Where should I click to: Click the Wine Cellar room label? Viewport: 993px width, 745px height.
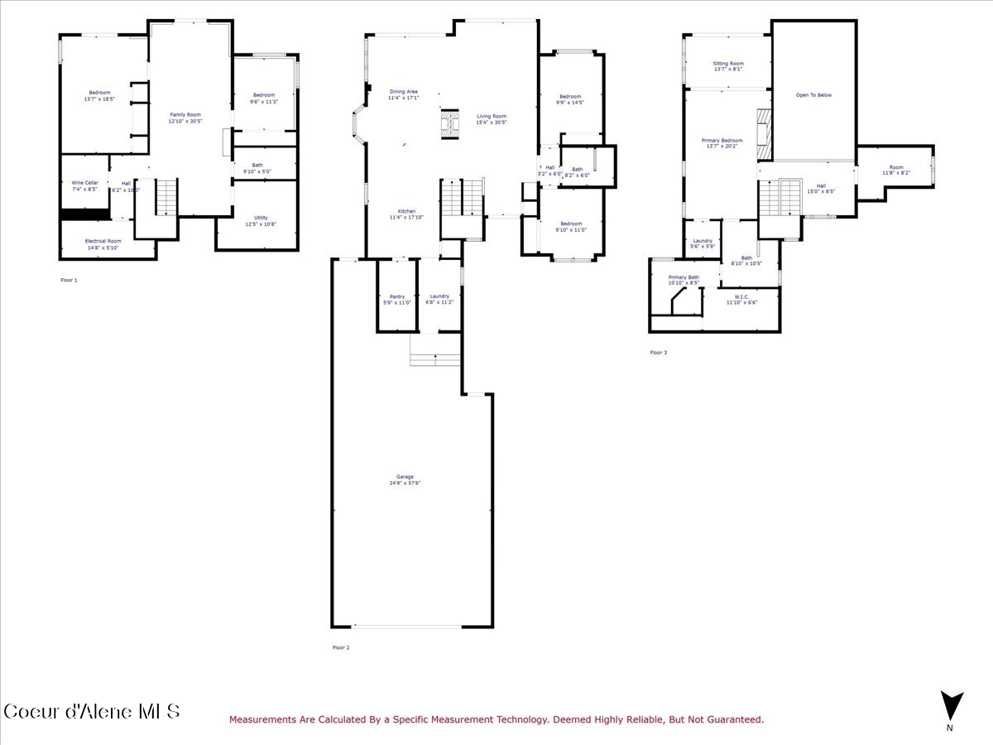[x=84, y=182]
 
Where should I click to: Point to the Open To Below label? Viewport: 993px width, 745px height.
[x=813, y=95]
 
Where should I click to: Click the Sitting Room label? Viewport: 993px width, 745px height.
[x=728, y=64]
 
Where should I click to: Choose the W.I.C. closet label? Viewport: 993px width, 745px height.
[x=741, y=297]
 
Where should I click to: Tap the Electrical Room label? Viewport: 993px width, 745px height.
[x=103, y=241]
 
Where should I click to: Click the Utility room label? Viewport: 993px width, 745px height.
[x=261, y=218]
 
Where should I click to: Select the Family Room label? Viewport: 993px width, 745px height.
[x=185, y=114]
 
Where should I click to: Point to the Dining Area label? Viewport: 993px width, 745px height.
[x=404, y=91]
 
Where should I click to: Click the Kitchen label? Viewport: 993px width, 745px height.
[x=406, y=211]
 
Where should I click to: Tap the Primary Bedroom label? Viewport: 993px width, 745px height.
[x=722, y=141]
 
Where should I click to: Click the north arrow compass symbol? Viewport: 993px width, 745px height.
[x=952, y=706]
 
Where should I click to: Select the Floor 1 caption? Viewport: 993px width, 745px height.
[x=69, y=281]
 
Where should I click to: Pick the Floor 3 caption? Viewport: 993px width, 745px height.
[x=658, y=353]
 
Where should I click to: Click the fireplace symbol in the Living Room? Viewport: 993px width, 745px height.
[x=449, y=124]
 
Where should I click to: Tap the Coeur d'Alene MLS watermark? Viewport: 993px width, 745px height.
[x=91, y=711]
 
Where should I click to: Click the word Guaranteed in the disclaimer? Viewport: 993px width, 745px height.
[x=731, y=720]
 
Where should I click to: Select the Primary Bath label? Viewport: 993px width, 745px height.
[x=684, y=277]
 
